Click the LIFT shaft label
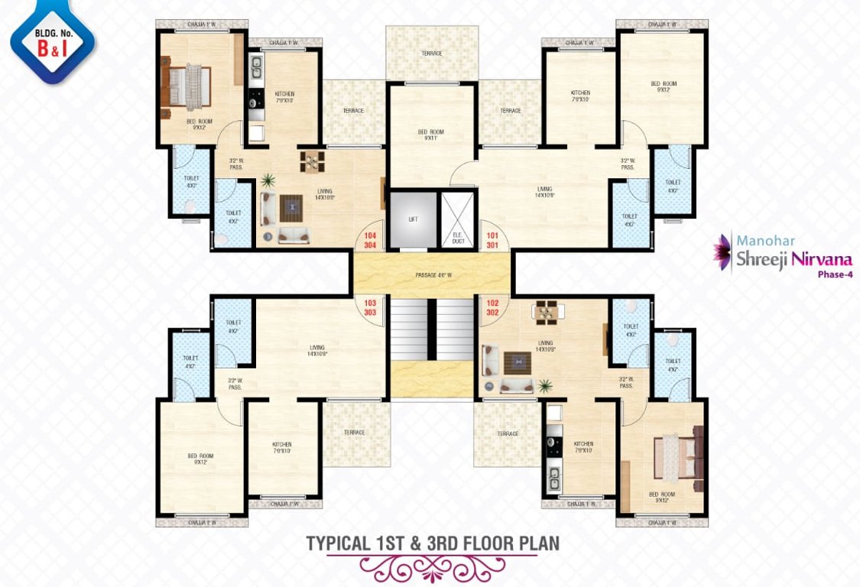point(413,219)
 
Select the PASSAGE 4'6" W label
point(432,274)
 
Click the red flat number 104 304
point(371,241)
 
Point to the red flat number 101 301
point(492,241)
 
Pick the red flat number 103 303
point(371,308)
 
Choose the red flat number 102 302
point(492,307)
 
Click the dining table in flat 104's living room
point(312,161)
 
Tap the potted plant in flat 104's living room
point(268,181)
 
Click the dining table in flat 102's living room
point(545,312)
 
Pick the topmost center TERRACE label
point(432,54)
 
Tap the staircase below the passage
point(432,329)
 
